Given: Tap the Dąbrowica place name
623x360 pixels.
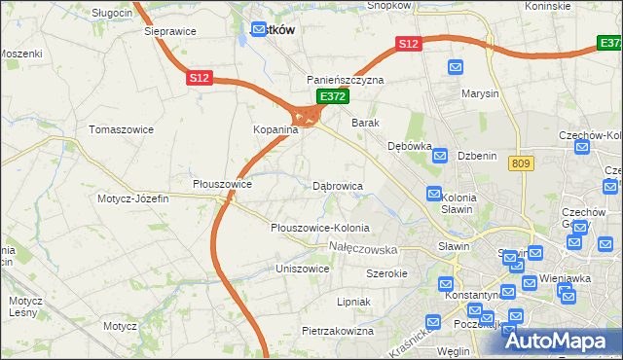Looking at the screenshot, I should (x=338, y=185).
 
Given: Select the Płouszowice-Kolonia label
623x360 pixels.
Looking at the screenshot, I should (x=319, y=228).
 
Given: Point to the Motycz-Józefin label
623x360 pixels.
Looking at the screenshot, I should (x=132, y=198).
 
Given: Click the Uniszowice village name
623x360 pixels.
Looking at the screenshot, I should (x=302, y=268).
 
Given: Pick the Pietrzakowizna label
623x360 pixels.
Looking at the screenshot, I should (x=338, y=331).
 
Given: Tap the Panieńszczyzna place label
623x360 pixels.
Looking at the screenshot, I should (x=346, y=80).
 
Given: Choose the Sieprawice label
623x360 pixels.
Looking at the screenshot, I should (x=169, y=31).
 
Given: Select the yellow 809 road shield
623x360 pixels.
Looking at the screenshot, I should (x=518, y=165).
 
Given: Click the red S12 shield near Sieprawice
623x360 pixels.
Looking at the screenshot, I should (x=200, y=77).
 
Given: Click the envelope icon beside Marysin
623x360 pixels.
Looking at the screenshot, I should (x=456, y=67).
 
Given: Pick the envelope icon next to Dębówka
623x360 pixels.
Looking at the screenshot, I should (x=440, y=156).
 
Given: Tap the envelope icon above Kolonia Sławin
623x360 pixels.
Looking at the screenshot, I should (x=434, y=195).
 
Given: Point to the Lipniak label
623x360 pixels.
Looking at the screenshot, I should (x=353, y=302).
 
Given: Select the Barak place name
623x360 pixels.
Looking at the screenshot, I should (x=365, y=124).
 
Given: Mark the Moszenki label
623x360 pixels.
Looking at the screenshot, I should (x=21, y=53).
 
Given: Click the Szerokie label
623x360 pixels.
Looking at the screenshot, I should (x=385, y=273).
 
